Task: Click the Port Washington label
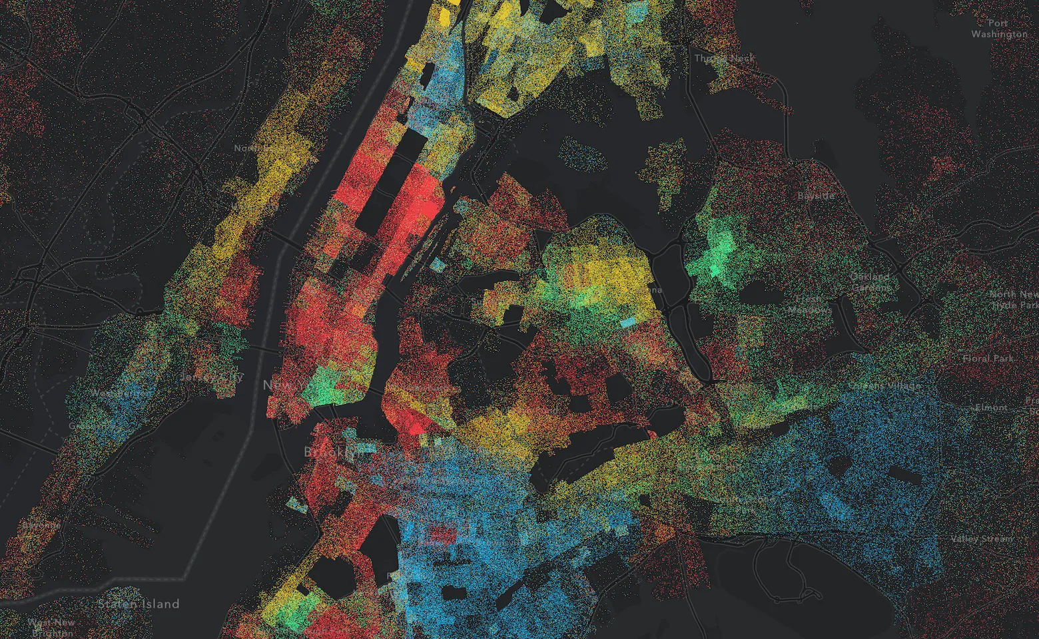click(x=998, y=28)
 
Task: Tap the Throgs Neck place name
click(x=725, y=58)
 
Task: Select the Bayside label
click(x=816, y=196)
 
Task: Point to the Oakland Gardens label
click(x=870, y=282)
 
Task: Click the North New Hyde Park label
click(x=1013, y=299)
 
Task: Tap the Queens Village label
click(x=884, y=385)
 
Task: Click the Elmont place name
click(x=991, y=407)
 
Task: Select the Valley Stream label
click(x=982, y=538)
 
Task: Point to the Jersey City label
click(x=212, y=377)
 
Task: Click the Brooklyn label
click(x=334, y=452)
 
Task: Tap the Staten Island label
click(x=139, y=604)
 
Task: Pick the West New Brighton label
click(x=52, y=627)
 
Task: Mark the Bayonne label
click(x=41, y=525)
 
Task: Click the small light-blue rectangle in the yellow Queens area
click(x=627, y=322)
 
